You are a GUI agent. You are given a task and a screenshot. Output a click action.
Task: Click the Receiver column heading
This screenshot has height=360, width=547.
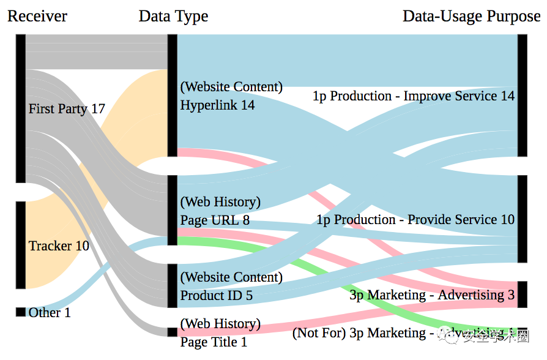(x=37, y=16)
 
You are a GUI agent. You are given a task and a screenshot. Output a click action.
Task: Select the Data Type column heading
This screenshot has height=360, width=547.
(x=173, y=16)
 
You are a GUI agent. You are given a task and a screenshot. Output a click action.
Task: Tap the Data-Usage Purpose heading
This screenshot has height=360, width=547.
(x=471, y=16)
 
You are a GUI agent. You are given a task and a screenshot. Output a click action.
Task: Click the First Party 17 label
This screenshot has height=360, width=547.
(x=67, y=109)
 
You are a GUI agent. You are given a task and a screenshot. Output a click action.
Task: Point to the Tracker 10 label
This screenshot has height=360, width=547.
(x=59, y=246)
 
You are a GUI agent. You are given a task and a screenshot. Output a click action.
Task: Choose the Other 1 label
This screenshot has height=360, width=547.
(x=50, y=313)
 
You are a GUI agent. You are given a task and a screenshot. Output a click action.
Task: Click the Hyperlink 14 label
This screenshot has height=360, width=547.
(x=217, y=105)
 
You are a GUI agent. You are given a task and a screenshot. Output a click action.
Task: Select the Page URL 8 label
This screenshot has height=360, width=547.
(x=215, y=220)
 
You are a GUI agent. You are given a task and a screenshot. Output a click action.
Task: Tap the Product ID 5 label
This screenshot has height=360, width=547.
(x=216, y=296)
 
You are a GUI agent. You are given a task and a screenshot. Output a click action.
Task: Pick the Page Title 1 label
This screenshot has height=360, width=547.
(x=214, y=342)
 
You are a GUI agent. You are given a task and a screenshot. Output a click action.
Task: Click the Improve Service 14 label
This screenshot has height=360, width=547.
(x=414, y=96)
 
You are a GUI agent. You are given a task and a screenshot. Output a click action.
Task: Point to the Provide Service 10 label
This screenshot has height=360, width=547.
(x=415, y=220)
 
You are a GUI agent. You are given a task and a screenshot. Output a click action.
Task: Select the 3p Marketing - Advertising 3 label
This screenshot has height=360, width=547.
(x=432, y=295)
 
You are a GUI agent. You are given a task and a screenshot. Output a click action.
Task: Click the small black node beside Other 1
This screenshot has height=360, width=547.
(x=21, y=312)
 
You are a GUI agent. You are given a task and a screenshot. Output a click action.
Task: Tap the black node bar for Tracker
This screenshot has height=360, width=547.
(x=21, y=245)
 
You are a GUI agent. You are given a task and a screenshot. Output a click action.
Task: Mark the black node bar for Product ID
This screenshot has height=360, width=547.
(x=172, y=286)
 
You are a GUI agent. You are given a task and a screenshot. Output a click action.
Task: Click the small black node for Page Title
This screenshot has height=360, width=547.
(x=172, y=332)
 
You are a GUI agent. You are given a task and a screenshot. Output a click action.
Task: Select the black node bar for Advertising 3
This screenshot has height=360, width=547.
(x=522, y=294)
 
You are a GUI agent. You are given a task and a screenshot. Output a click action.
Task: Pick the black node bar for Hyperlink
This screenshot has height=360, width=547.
(x=172, y=96)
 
